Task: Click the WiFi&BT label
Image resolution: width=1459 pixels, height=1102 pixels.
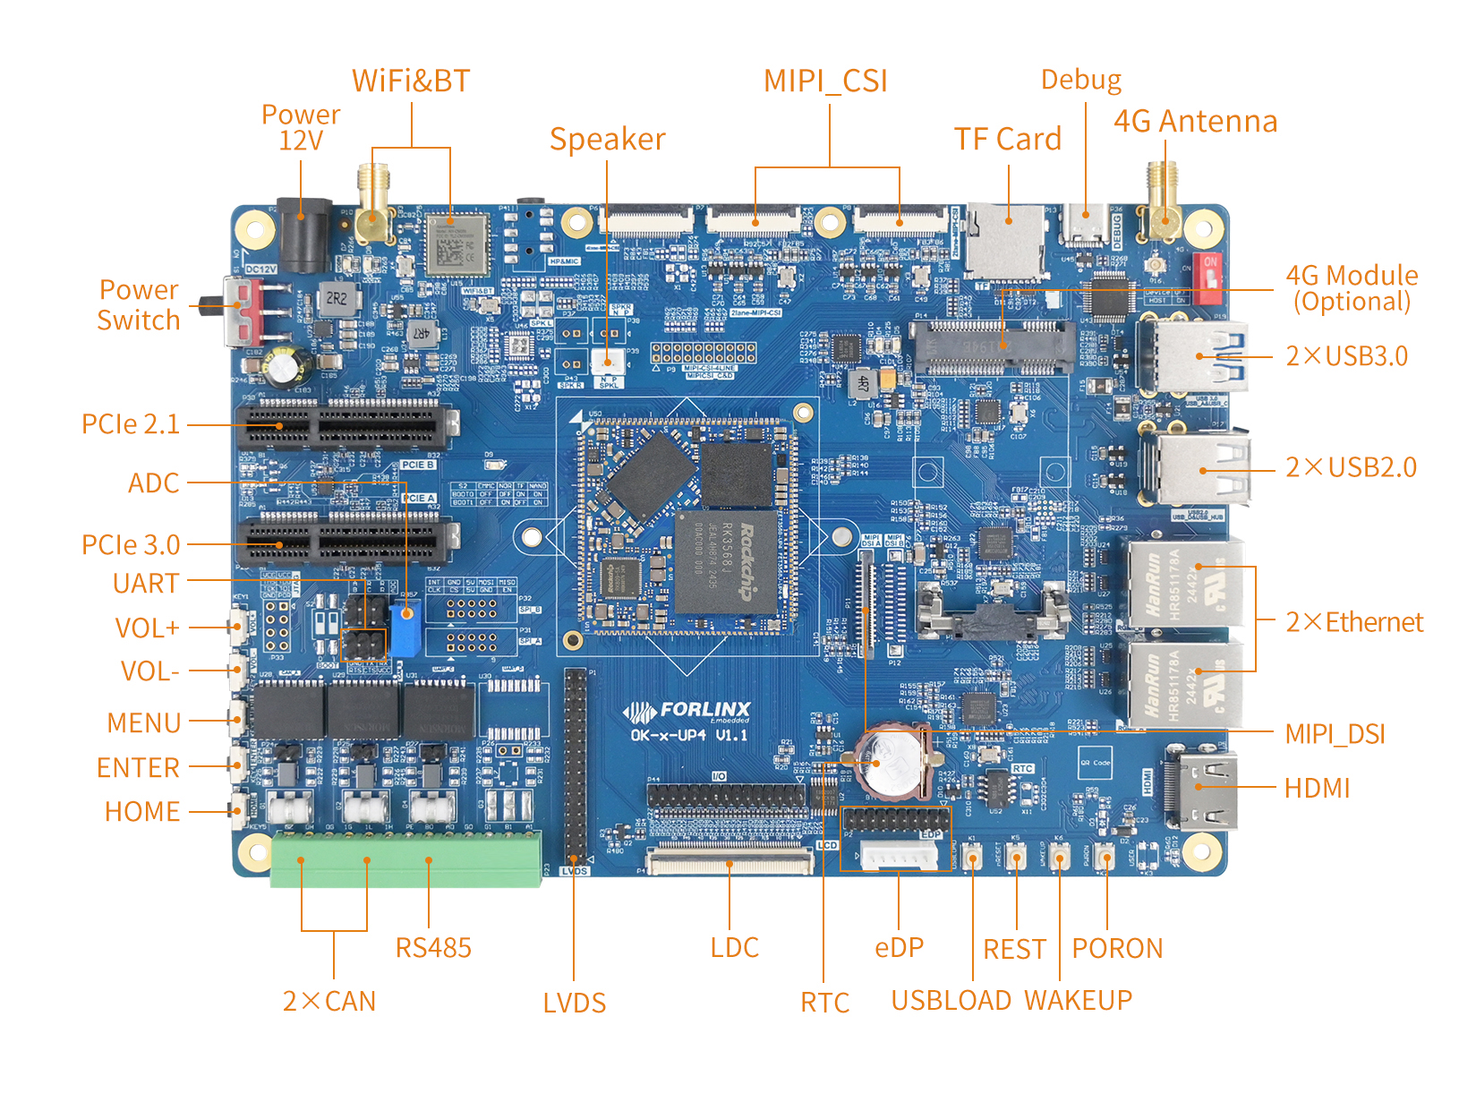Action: tap(411, 81)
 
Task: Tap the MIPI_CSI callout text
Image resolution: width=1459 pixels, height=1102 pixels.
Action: tap(825, 81)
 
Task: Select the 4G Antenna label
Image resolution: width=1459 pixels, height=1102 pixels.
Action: tap(1195, 121)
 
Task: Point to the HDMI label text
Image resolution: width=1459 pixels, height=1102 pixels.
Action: tap(1317, 789)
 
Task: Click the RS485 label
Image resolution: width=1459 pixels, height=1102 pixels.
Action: tap(433, 948)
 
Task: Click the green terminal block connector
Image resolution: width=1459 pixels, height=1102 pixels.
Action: tap(405, 859)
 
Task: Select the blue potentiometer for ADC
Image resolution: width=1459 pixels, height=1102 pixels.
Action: tap(405, 628)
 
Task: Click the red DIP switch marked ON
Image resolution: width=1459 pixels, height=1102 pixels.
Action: tap(1209, 278)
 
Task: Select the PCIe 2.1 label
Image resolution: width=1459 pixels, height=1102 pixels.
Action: tap(131, 424)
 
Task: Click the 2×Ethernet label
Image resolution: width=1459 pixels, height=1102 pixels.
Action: tap(1354, 622)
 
